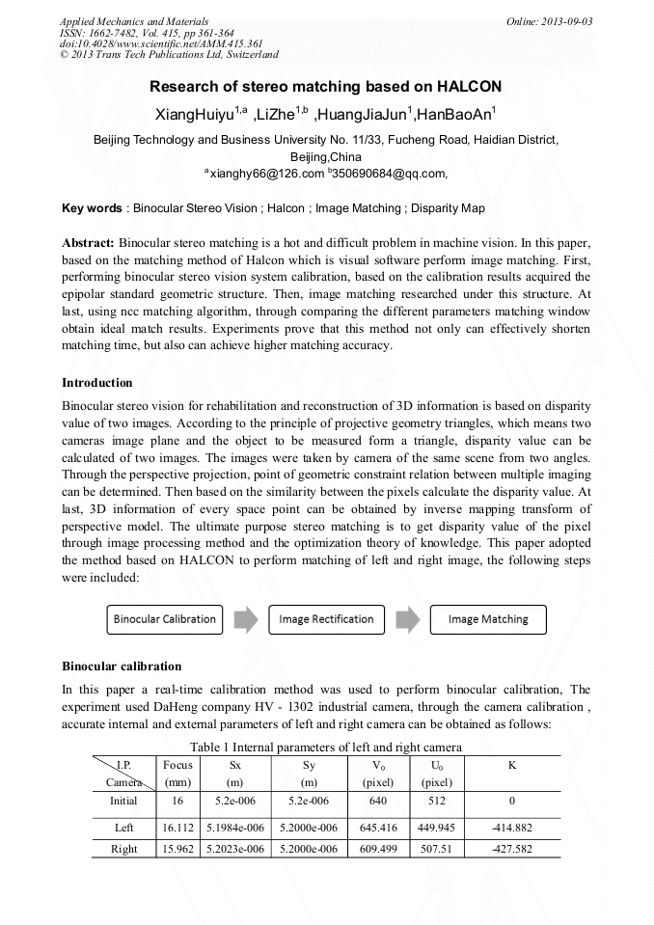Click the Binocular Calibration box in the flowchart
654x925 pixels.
[x=164, y=619]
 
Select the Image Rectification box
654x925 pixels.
[x=326, y=619]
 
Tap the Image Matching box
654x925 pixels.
[x=488, y=619]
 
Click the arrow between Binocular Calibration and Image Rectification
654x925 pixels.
[x=245, y=619]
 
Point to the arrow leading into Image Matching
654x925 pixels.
[x=407, y=619]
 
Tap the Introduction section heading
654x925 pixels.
[x=97, y=383]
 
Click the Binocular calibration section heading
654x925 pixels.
[x=122, y=667]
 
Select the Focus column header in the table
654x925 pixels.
[x=177, y=765]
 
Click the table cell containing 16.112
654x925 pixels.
[x=177, y=828]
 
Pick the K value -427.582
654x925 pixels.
[x=511, y=849]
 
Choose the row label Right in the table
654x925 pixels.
[x=123, y=849]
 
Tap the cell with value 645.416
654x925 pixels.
[x=378, y=828]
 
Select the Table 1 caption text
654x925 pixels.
[x=326, y=747]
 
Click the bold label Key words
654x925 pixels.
[x=92, y=208]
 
